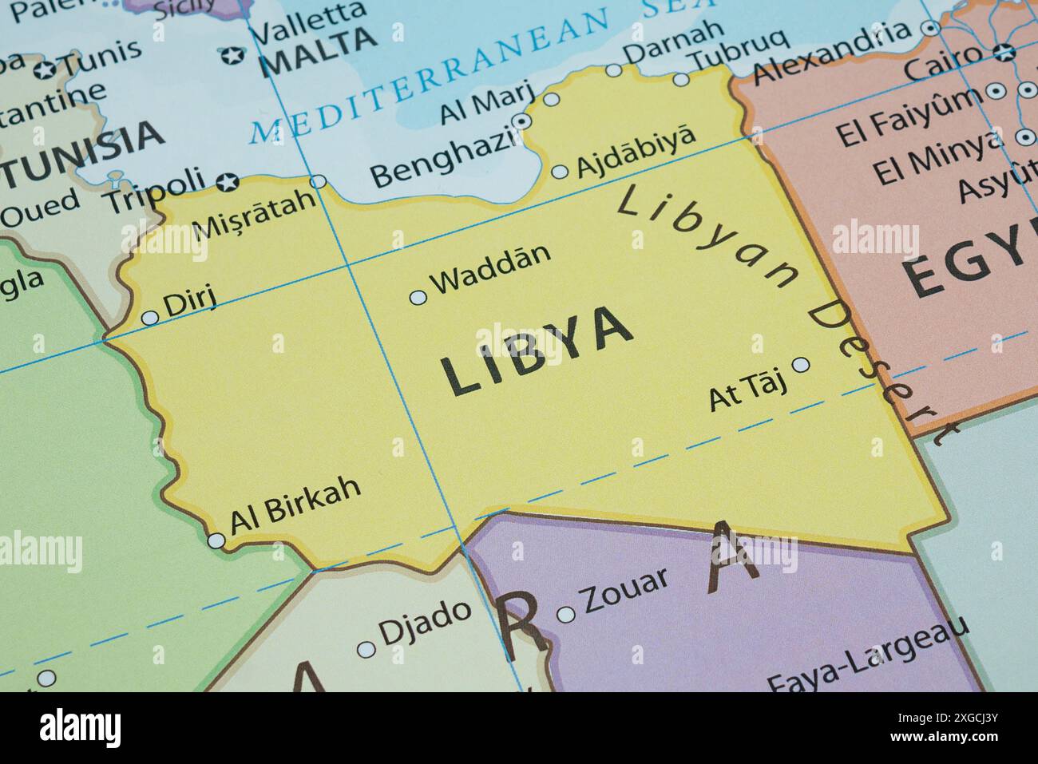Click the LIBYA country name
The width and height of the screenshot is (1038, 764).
[537, 351]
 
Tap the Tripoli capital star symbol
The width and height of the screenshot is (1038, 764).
[228, 183]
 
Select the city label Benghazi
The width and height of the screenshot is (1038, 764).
[444, 160]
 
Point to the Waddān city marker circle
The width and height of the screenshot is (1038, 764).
[418, 298]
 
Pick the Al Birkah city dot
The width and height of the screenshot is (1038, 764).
[216, 541]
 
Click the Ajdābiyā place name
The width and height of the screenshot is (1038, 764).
[635, 151]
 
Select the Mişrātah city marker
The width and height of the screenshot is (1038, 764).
[318, 182]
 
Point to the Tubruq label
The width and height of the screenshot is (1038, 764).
[739, 51]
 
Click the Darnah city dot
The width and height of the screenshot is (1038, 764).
[613, 70]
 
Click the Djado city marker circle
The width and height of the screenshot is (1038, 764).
[366, 650]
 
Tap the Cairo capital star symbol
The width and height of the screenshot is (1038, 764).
[1004, 53]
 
